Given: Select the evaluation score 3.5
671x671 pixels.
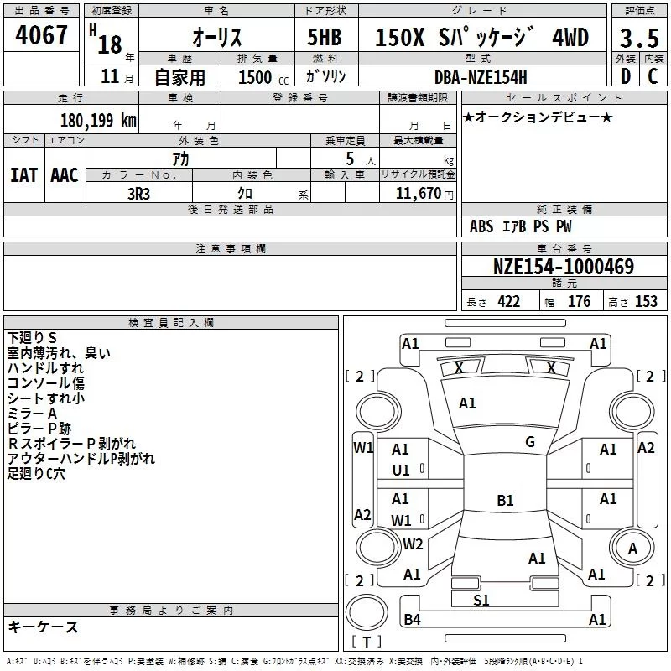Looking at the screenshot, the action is click(x=639, y=38).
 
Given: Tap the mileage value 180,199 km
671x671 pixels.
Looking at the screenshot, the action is click(x=98, y=120).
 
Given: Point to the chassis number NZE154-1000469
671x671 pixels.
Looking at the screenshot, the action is click(x=563, y=267).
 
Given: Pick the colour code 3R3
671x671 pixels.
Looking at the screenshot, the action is click(x=139, y=193).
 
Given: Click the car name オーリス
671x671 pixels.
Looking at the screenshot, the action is click(x=217, y=38).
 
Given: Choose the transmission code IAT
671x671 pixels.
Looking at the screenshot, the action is click(x=23, y=175).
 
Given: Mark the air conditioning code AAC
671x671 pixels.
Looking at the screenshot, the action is click(x=65, y=175).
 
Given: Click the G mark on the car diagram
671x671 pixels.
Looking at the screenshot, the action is click(x=530, y=442).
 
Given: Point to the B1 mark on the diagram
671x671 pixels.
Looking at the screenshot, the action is click(x=505, y=501).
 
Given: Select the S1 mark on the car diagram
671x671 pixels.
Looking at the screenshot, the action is click(x=481, y=600).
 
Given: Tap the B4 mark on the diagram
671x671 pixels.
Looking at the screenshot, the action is click(x=412, y=620).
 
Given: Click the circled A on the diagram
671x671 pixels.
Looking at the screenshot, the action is click(x=633, y=548).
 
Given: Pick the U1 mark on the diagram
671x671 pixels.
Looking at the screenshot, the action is click(x=401, y=471).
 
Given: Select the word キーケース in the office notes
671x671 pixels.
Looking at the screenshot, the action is click(x=44, y=627).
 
